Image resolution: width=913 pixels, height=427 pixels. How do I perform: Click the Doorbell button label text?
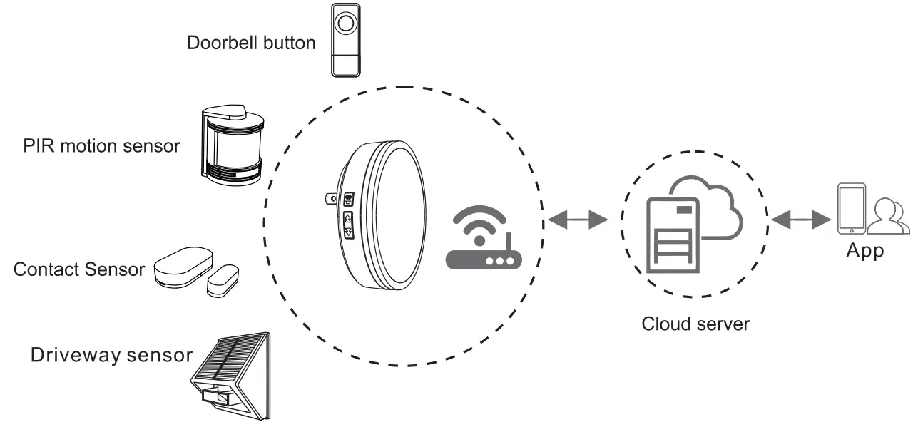(x=250, y=43)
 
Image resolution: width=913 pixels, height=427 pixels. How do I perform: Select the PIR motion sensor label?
(x=101, y=146)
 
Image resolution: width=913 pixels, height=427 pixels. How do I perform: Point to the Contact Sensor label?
(x=78, y=269)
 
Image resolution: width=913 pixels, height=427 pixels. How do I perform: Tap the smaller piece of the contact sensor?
(x=223, y=281)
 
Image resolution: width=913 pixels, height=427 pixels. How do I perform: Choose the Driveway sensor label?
(x=111, y=355)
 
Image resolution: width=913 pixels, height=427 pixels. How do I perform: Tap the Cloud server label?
(x=695, y=324)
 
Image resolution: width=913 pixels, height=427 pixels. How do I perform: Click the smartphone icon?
(x=851, y=208)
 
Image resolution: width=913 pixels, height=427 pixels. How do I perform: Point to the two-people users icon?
(x=890, y=215)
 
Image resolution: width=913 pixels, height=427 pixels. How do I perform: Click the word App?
(x=864, y=251)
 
